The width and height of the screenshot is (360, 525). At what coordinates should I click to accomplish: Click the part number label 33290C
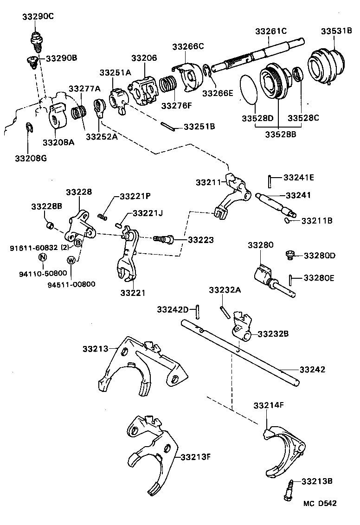tap(38, 17)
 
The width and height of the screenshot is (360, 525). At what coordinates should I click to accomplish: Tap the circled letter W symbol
tap(71, 260)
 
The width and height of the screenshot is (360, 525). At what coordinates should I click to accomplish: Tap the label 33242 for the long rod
tap(312, 370)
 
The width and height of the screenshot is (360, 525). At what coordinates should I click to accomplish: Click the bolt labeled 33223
tap(163, 239)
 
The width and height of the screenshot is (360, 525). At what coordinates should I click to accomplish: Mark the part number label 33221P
tap(135, 196)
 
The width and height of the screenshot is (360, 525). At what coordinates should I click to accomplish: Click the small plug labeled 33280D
tap(289, 254)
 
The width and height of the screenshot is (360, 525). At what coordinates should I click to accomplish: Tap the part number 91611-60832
tap(35, 248)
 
